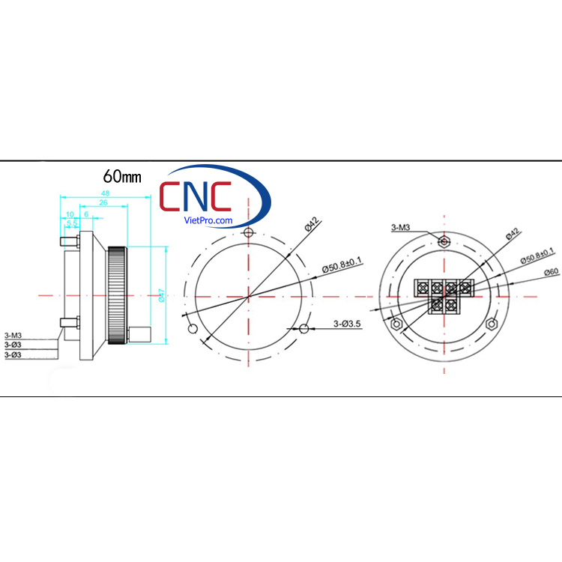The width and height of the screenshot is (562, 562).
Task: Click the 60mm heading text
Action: click(x=122, y=177)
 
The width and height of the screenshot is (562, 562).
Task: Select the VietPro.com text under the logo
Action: click(x=208, y=221)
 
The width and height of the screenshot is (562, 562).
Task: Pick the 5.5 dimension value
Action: click(x=72, y=223)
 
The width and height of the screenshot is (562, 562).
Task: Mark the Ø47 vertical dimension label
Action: click(x=161, y=296)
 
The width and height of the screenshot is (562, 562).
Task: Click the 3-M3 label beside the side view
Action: click(x=13, y=336)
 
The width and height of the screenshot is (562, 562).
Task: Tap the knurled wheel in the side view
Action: click(x=117, y=296)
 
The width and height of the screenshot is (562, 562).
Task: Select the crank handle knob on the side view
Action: click(x=141, y=333)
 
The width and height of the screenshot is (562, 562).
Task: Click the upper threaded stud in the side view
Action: click(x=68, y=243)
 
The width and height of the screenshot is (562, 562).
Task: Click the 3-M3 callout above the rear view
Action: click(x=401, y=226)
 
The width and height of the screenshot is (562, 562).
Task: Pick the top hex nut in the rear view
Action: click(x=444, y=241)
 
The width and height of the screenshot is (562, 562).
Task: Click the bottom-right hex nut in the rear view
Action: click(x=492, y=323)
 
